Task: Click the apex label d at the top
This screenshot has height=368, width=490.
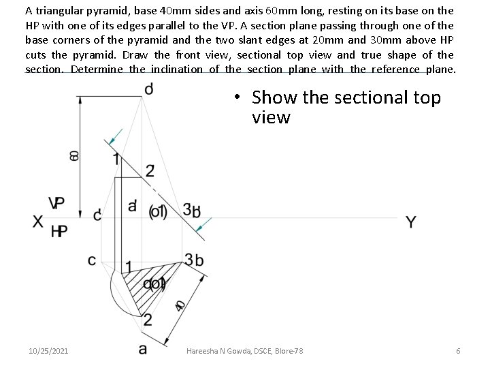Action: [x=148, y=89]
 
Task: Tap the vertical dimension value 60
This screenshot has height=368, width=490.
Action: [x=74, y=155]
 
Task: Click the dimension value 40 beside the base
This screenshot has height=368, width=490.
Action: [x=179, y=305]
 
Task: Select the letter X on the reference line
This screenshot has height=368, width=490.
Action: [x=38, y=221]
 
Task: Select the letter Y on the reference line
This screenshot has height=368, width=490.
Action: [x=410, y=222]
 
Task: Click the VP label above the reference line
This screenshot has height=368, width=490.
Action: [x=57, y=203]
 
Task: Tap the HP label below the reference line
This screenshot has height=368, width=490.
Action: [x=59, y=232]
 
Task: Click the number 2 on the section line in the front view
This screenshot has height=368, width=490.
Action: [x=149, y=170]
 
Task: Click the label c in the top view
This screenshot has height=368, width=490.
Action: [x=92, y=260]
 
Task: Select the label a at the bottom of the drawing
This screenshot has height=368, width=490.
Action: [x=142, y=349]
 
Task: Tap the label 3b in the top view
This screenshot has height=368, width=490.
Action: [x=193, y=260]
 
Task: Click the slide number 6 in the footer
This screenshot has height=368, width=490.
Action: [x=458, y=350]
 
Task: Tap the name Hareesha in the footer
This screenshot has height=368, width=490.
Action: [x=202, y=350]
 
